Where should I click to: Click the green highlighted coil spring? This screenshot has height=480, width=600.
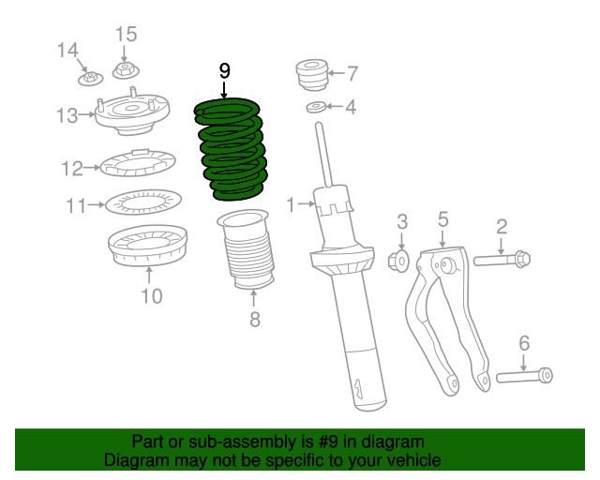(231, 150)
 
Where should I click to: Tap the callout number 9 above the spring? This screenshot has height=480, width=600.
(224, 71)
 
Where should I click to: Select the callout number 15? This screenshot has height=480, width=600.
(126, 35)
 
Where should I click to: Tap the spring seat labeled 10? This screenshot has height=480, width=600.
(148, 246)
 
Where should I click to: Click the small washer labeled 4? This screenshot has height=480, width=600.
(317, 108)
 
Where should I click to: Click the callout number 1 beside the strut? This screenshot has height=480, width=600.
(291, 203)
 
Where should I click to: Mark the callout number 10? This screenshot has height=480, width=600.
(151, 297)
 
